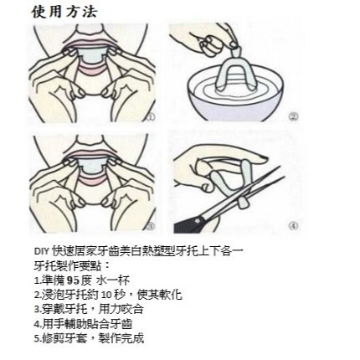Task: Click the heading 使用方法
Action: coord(64,12)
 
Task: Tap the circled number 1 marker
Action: coord(151,117)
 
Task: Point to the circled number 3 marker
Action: coord(151,224)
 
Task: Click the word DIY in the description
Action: coord(41,250)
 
